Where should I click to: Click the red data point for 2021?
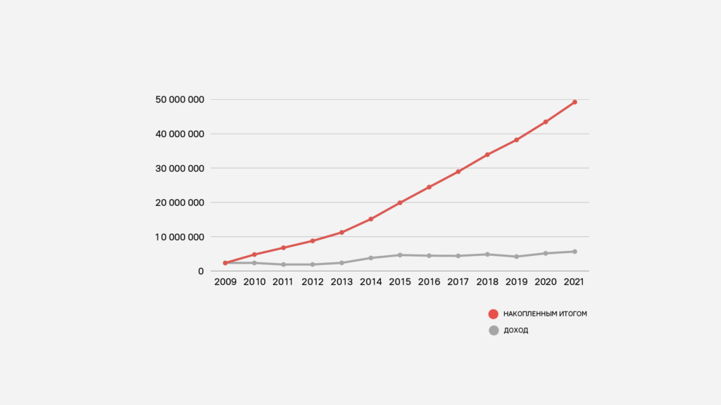575,102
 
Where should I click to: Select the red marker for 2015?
400,202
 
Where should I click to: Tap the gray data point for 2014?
370,258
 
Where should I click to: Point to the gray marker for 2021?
575,252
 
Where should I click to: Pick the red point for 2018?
487,155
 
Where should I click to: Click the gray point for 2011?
283,264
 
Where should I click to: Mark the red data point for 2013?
341,232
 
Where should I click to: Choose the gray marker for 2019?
516,257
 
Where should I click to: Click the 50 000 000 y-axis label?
180,99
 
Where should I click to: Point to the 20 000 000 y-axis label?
180,202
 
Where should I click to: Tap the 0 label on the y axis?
201,271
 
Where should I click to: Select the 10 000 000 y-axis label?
180,237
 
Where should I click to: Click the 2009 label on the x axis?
225,283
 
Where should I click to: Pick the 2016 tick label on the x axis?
429,283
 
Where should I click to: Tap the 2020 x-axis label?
546,283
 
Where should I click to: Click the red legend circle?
494,314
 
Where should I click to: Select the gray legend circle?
494,330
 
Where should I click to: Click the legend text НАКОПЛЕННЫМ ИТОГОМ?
545,314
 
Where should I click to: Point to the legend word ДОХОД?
516,330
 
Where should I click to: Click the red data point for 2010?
254,255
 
